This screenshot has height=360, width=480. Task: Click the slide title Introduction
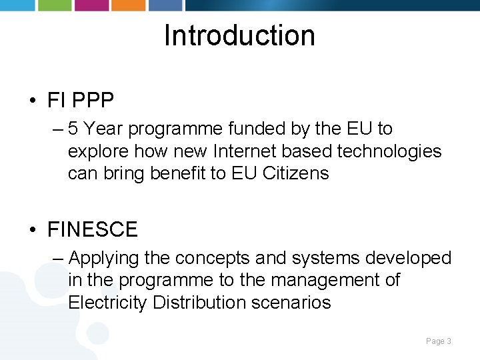(239, 35)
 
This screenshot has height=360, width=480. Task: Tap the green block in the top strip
(54, 5)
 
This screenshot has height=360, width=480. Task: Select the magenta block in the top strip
(91, 5)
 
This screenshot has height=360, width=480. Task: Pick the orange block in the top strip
(127, 5)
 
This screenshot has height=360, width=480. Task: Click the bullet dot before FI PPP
(32, 101)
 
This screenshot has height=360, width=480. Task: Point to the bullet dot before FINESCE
(32, 230)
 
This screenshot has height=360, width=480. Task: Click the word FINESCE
(92, 230)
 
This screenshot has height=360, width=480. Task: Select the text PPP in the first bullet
(93, 101)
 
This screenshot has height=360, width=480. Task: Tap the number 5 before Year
(74, 129)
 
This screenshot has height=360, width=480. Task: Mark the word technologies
(389, 151)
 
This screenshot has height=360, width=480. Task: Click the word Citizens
(295, 173)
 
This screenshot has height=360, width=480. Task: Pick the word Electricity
(107, 302)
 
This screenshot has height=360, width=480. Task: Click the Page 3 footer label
(439, 341)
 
